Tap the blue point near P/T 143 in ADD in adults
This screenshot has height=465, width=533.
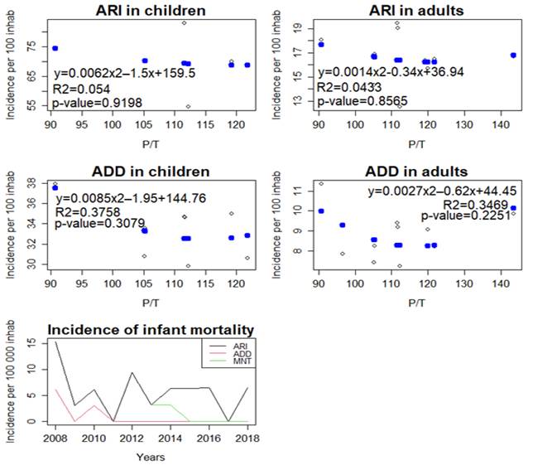click(514, 208)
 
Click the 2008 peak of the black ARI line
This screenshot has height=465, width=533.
click(55, 341)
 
